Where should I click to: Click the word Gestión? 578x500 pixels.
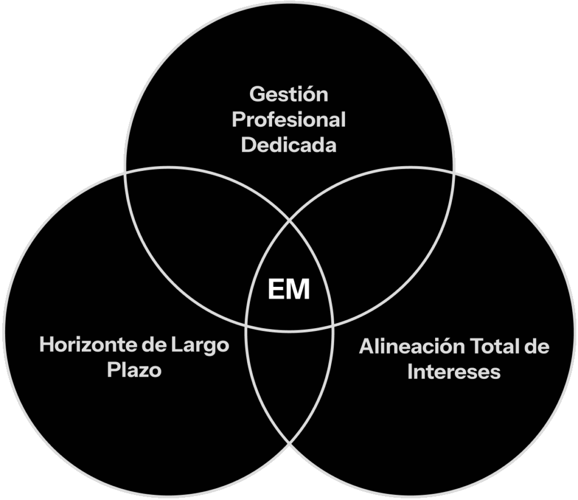tap(288, 95)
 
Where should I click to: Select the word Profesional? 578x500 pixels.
tap(288, 120)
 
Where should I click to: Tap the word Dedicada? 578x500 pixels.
tap(288, 145)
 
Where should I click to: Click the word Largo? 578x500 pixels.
tap(200, 345)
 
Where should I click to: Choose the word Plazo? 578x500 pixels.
tap(134, 371)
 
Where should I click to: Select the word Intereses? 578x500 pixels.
tap(454, 372)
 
